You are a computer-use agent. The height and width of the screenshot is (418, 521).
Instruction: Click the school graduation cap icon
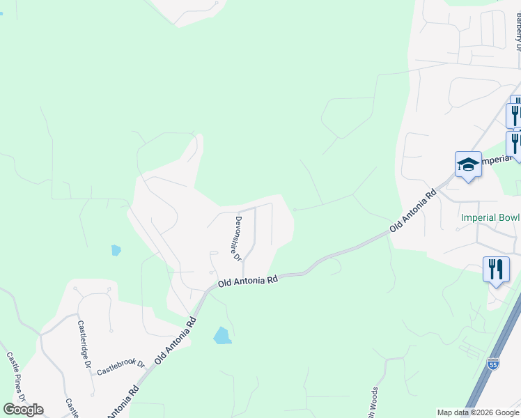coord(468,165)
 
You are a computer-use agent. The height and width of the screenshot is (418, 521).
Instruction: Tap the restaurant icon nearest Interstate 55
coord(496,270)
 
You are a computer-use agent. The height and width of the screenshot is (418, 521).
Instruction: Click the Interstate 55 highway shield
coord(493,364)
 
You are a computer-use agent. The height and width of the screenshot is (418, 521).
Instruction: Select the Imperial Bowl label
coord(490,217)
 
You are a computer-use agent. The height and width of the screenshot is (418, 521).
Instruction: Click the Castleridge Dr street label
coord(84,344)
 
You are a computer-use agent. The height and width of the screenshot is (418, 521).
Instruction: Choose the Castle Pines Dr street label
coord(16,376)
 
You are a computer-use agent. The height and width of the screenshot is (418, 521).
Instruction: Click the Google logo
coord(23,409)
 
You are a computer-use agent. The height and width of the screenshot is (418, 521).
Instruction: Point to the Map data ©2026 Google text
coord(477,412)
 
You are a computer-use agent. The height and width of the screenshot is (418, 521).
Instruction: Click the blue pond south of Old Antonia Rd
coord(222,336)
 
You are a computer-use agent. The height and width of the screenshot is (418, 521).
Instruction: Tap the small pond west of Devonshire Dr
coord(116,249)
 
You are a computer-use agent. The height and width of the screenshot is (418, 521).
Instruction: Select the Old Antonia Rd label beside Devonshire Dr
coord(248,281)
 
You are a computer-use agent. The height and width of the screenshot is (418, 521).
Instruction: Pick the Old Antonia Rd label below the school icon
coord(413,208)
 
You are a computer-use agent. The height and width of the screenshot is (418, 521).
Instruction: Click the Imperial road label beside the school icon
coord(497,160)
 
